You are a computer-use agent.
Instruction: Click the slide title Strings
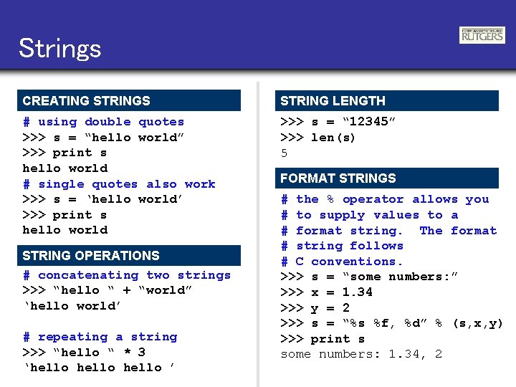click(x=60, y=49)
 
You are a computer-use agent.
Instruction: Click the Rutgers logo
click(x=482, y=35)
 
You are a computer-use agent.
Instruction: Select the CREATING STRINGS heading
click(x=86, y=101)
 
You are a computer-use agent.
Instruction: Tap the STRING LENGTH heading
click(x=333, y=101)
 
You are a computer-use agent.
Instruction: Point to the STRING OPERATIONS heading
click(x=91, y=256)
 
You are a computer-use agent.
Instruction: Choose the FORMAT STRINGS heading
click(x=338, y=178)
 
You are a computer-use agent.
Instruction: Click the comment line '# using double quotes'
click(x=103, y=122)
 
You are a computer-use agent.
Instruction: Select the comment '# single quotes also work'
click(x=119, y=184)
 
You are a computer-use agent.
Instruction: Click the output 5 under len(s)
click(x=285, y=153)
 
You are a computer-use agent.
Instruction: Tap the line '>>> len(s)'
click(x=317, y=138)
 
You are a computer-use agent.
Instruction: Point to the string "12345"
click(x=369, y=122)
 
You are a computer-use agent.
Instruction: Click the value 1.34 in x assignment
click(x=357, y=292)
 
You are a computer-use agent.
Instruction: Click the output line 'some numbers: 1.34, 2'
click(x=361, y=354)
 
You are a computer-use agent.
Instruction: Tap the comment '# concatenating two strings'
click(x=127, y=275)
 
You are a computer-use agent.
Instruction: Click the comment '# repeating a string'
click(x=100, y=337)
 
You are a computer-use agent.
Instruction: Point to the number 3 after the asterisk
click(x=141, y=352)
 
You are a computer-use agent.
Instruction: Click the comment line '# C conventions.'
click(x=342, y=262)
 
